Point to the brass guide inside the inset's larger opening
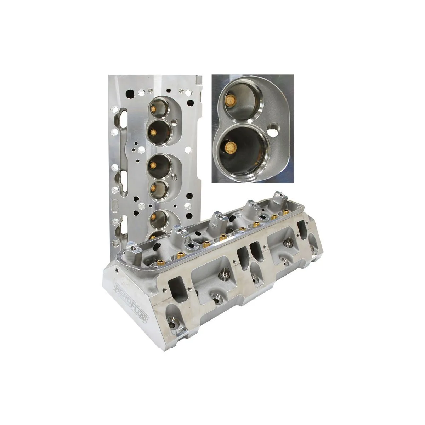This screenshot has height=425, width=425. [x=230, y=146]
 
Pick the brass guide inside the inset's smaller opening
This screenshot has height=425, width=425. [x=231, y=101]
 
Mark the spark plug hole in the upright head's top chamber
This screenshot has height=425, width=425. [x=176, y=121]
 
